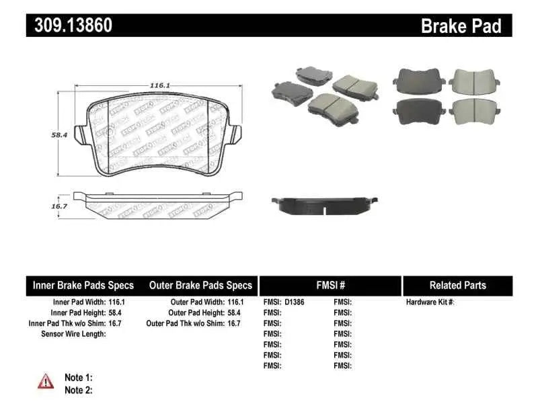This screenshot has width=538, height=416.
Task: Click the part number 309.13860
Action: click(70, 26)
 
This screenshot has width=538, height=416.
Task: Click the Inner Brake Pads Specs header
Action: click(83, 286)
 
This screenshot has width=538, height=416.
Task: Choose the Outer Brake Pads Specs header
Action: click(200, 286)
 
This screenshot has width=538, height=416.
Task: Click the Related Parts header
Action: click(457, 286)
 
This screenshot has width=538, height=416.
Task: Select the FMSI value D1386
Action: click(295, 302)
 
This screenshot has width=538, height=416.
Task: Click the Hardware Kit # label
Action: click(430, 302)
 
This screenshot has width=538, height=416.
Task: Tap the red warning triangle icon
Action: click(45, 381)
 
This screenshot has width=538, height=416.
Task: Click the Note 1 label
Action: click(78, 378)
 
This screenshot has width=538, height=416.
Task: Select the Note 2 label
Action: click(78, 390)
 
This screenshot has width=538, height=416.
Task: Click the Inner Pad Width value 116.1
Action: click(116, 302)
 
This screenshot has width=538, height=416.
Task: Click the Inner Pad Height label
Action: click(78, 313)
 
